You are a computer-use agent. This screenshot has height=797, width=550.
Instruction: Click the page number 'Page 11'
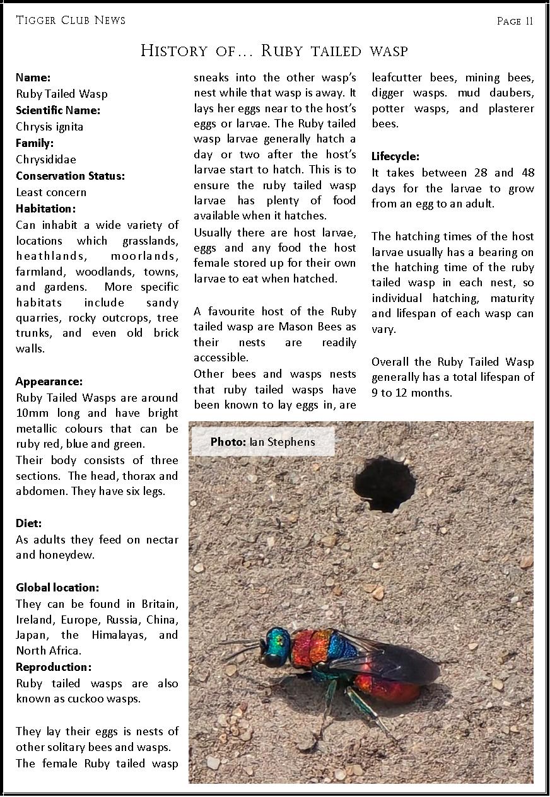(x=515, y=21)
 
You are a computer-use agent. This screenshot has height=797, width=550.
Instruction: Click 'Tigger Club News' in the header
(x=71, y=20)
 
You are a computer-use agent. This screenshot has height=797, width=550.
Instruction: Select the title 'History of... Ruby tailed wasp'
(x=274, y=51)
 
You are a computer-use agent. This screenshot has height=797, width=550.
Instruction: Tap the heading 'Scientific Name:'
(x=58, y=110)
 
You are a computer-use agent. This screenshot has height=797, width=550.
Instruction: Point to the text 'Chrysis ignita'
(x=50, y=127)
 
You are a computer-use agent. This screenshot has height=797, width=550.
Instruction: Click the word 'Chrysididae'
(x=46, y=160)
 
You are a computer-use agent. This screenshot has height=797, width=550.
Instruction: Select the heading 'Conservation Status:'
(x=70, y=176)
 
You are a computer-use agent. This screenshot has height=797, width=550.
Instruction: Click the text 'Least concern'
(x=51, y=192)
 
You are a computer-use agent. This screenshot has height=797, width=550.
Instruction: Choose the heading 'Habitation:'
(x=45, y=209)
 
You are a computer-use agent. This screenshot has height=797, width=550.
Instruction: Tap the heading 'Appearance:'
(x=49, y=381)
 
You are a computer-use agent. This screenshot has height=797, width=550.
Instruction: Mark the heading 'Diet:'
(x=29, y=523)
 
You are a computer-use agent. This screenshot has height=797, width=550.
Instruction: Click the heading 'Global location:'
(x=57, y=588)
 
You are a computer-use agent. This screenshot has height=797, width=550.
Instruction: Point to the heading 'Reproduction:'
(x=54, y=667)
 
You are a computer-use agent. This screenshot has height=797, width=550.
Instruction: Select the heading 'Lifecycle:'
(x=395, y=156)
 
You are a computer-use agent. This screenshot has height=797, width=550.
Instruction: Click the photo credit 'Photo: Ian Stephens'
(x=262, y=442)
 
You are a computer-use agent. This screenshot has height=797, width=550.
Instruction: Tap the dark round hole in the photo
(x=384, y=484)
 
